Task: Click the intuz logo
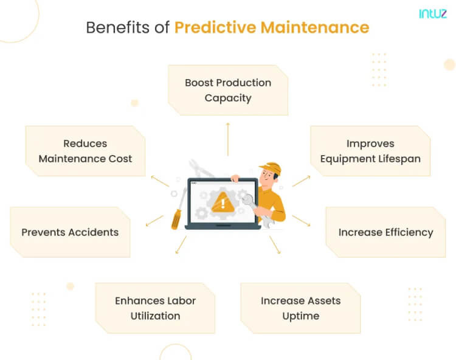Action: click(433, 13)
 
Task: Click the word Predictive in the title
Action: click(215, 28)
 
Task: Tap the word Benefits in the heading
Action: click(118, 27)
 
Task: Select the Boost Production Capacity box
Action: click(228, 90)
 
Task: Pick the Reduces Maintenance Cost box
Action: click(85, 151)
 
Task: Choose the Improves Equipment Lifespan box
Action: click(370, 151)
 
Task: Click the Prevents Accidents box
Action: click(70, 232)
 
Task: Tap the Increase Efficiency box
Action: click(385, 232)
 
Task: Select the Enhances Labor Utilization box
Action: click(155, 308)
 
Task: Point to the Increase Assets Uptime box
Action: click(301, 308)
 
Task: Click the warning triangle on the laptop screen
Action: click(223, 203)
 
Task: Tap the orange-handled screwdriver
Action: click(178, 209)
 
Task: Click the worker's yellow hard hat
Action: click(271, 168)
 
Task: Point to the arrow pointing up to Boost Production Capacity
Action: click(228, 139)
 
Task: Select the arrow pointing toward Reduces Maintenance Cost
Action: click(160, 181)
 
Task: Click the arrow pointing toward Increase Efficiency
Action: click(301, 221)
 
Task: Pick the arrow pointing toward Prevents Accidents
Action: click(154, 221)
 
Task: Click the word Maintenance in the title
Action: click(315, 28)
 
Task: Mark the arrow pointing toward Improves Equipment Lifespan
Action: click(302, 181)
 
